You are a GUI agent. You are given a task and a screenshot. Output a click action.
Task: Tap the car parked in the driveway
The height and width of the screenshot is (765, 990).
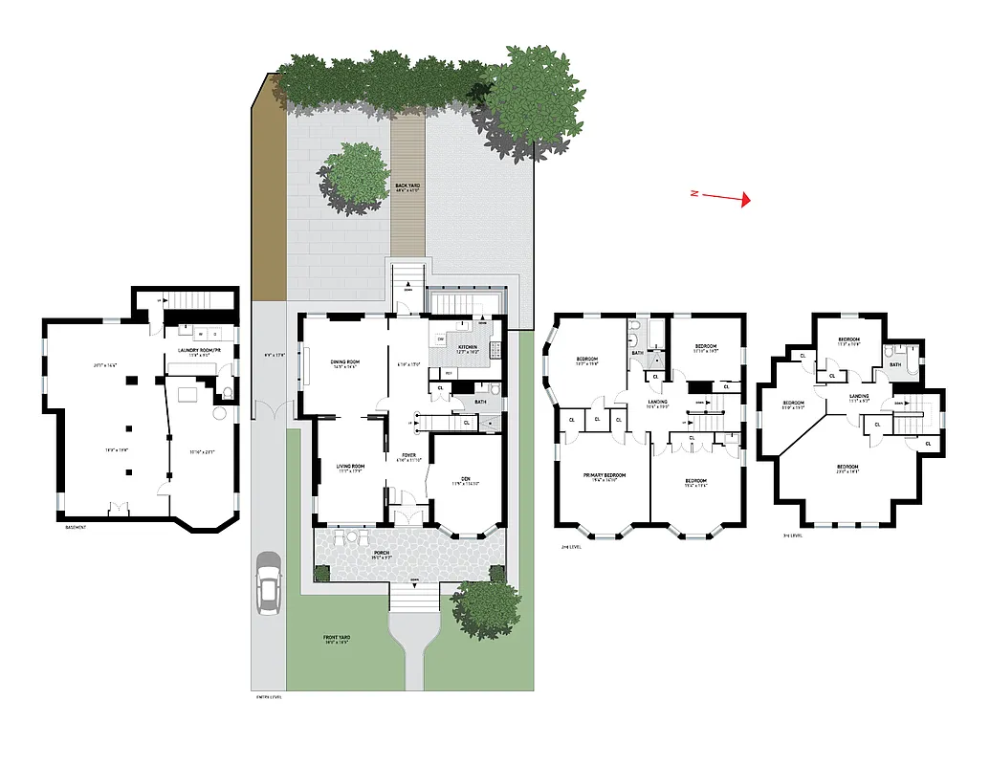pyautogui.click(x=268, y=585)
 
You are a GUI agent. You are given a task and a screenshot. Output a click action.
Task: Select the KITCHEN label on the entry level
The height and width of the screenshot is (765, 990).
pyautogui.click(x=467, y=347)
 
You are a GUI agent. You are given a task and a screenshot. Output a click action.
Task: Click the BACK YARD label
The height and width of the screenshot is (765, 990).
pyautogui.click(x=407, y=186)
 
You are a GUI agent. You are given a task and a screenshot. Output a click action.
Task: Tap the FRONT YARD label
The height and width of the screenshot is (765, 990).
pyautogui.click(x=335, y=641)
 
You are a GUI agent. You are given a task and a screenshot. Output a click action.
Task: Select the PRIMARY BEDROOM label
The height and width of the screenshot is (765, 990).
pyautogui.click(x=605, y=475)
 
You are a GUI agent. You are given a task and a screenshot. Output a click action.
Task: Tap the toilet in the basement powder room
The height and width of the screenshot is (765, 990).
pyautogui.click(x=228, y=393)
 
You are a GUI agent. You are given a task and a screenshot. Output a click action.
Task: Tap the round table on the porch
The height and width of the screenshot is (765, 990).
pyautogui.click(x=339, y=539)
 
